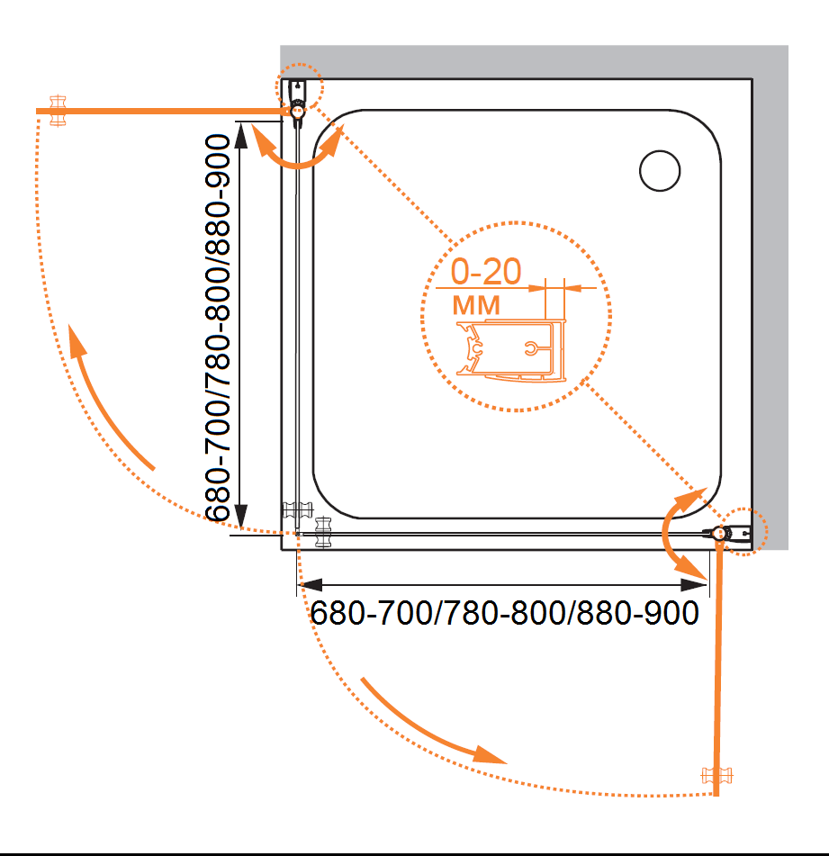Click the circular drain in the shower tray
click(x=660, y=171)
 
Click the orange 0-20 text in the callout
click(x=486, y=271)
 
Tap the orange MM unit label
click(x=476, y=305)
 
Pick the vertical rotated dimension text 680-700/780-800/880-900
click(x=218, y=328)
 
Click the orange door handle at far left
click(x=58, y=111)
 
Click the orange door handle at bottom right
click(x=716, y=775)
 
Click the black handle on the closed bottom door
click(x=324, y=532)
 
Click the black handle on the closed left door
click(x=297, y=510)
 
